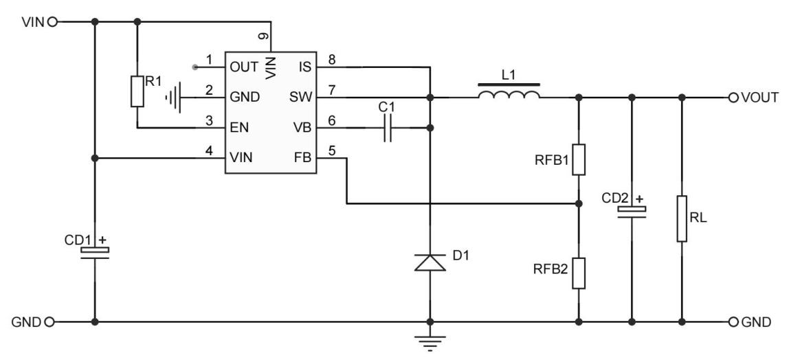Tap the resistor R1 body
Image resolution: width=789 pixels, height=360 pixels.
click(137, 91)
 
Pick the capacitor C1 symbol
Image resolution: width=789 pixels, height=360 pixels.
click(388, 128)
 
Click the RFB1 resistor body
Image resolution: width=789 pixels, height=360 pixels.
click(579, 159)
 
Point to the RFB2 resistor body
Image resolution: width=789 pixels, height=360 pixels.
click(579, 273)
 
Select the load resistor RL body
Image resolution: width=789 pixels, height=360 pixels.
click(682, 218)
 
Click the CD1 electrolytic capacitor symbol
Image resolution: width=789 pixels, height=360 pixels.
click(94, 251)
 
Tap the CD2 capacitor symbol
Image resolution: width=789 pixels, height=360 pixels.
click(631, 211)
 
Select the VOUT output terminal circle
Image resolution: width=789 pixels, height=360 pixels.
click(733, 96)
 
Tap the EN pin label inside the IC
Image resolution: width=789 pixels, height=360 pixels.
click(241, 128)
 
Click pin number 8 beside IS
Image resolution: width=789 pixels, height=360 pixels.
click(331, 60)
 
